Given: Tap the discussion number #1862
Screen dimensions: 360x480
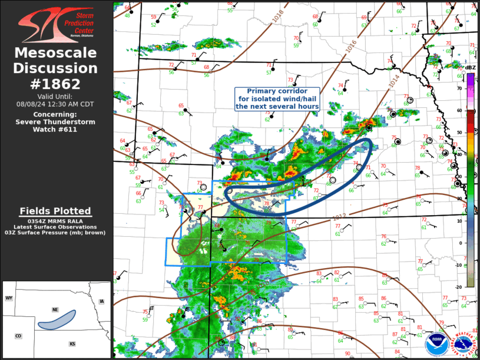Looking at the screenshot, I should [x=56, y=84].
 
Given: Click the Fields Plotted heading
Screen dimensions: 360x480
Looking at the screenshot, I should [x=55, y=211].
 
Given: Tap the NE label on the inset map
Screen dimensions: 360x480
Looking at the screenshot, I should [x=55, y=309].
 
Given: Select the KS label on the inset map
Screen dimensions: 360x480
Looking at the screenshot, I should [x=72, y=344].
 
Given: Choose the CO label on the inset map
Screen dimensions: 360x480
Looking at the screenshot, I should [x=18, y=336].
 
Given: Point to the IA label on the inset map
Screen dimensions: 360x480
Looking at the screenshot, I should [x=101, y=302].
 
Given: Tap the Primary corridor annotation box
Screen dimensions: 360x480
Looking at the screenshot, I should [x=277, y=99].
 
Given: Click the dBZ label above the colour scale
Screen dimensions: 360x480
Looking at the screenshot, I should [x=470, y=68].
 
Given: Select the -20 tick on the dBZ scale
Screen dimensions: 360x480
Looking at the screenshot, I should [x=459, y=286].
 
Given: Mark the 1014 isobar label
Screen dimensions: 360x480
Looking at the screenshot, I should [x=393, y=81].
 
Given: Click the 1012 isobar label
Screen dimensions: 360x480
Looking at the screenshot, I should [x=339, y=218].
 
